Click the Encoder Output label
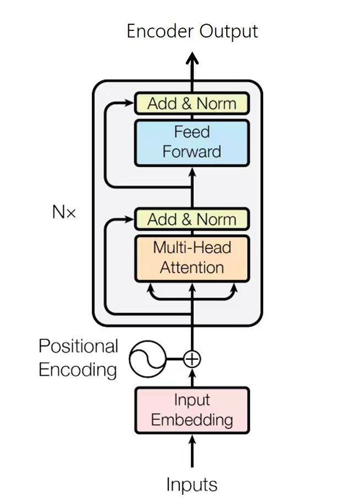[192, 31]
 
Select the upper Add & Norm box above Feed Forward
[192, 103]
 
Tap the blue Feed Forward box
[192, 143]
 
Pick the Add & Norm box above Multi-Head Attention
[192, 219]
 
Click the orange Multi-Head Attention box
[192, 258]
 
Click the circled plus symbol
[192, 359]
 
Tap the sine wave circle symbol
[147, 359]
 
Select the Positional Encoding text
[78, 358]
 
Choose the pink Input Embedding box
[192, 410]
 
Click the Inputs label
[192, 485]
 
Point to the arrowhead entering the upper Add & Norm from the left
[130, 103]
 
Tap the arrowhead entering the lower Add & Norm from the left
[130, 219]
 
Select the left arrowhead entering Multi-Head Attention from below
[149, 287]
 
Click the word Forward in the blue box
[192, 152]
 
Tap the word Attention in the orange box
[192, 268]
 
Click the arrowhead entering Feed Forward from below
[192, 171]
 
